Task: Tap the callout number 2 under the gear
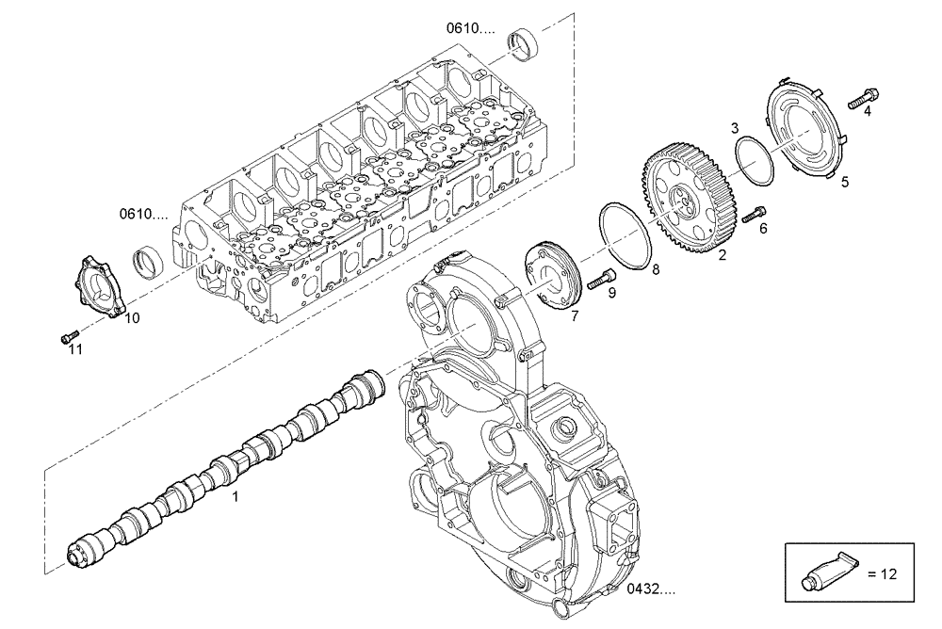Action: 723,254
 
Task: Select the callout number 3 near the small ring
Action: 735,127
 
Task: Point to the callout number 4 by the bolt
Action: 868,110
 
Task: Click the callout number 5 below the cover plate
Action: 845,182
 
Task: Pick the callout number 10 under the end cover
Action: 133,318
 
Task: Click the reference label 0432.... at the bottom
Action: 650,590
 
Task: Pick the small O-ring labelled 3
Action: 755,160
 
